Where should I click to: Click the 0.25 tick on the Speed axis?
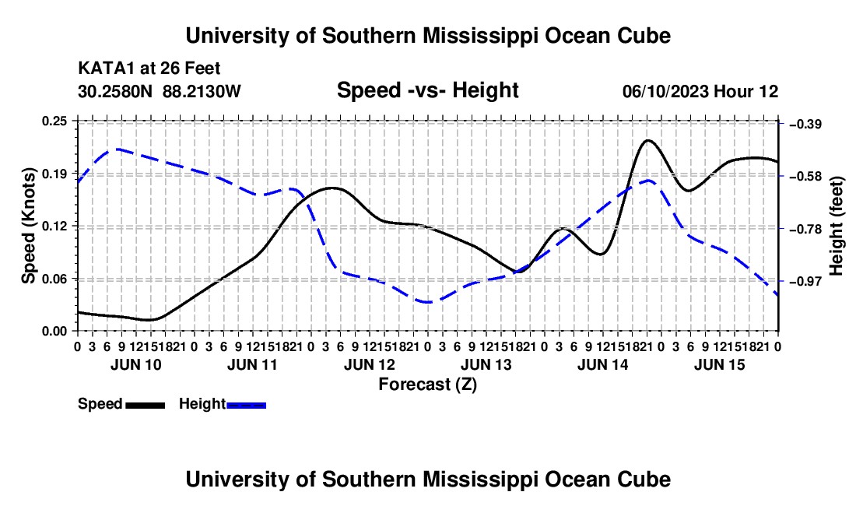tap(54, 121)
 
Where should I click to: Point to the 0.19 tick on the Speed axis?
tap(54, 174)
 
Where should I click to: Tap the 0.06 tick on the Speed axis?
tap(54, 279)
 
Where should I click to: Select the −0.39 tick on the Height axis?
tap(805, 125)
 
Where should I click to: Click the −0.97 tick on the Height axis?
tap(805, 282)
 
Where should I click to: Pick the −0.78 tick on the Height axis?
tap(805, 229)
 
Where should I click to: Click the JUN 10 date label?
tap(136, 364)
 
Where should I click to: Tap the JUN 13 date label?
tap(486, 364)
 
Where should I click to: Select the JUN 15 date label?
tap(720, 364)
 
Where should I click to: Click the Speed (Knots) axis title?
tap(28, 226)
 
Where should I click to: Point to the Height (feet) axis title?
tap(837, 226)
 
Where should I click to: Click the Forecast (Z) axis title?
tap(427, 385)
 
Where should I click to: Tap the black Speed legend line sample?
tap(146, 406)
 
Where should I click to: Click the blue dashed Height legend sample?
tap(246, 406)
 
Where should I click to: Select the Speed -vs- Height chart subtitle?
tap(427, 90)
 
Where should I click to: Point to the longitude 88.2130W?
tap(202, 92)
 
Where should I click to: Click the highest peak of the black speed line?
tap(648, 140)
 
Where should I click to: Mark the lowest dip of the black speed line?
tap(149, 320)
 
